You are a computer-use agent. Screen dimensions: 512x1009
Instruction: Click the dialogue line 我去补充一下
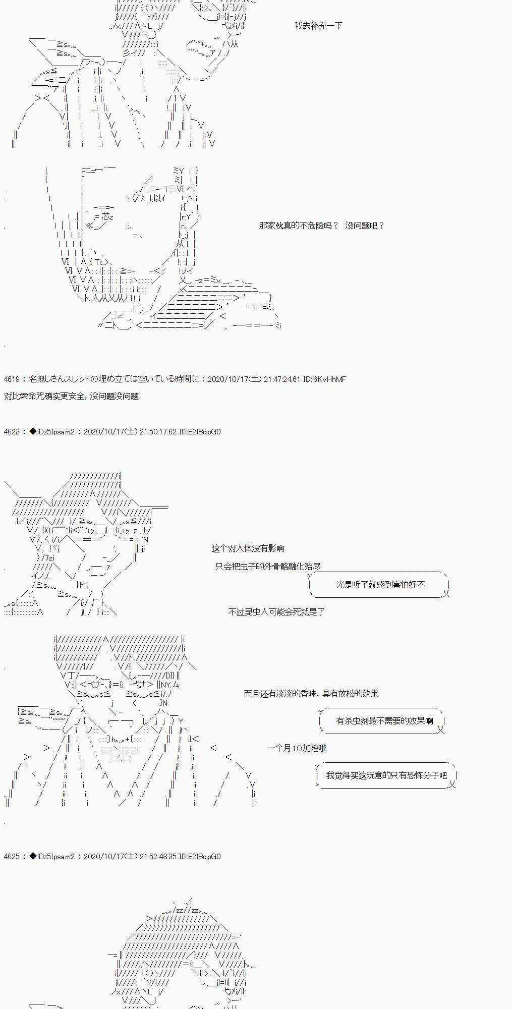pos(318,26)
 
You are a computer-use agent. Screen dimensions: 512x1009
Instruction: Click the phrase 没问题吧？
pos(365,226)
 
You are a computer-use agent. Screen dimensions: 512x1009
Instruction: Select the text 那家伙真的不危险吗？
pos(298,226)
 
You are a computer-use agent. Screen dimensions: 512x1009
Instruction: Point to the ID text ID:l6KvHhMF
pos(325,379)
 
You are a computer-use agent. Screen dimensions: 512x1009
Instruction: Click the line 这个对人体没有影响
pos(248,548)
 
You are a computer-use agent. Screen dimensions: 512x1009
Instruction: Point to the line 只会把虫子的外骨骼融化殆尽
pos(267,566)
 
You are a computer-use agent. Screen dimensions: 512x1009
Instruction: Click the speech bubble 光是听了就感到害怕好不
pos(380,584)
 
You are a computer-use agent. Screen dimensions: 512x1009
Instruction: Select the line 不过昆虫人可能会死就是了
pos(276,611)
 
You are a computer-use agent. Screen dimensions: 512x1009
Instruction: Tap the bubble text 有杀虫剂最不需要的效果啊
pos(384,720)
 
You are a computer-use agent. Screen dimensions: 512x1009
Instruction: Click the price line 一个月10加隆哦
pos(297,748)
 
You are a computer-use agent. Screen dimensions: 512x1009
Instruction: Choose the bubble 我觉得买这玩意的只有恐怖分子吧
pos(386,775)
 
